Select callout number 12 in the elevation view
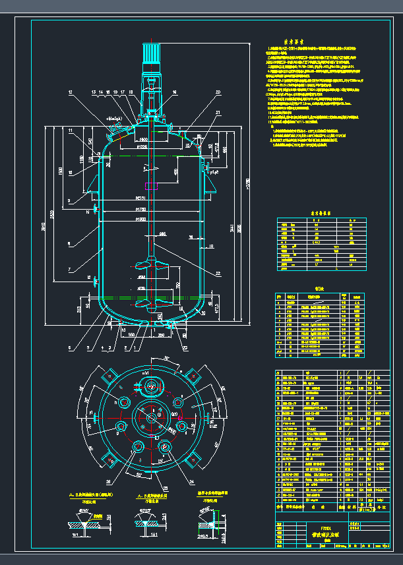coord(69,92)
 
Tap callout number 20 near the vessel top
coord(218,92)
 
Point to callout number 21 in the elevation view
coord(218,113)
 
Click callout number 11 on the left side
coord(70,131)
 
